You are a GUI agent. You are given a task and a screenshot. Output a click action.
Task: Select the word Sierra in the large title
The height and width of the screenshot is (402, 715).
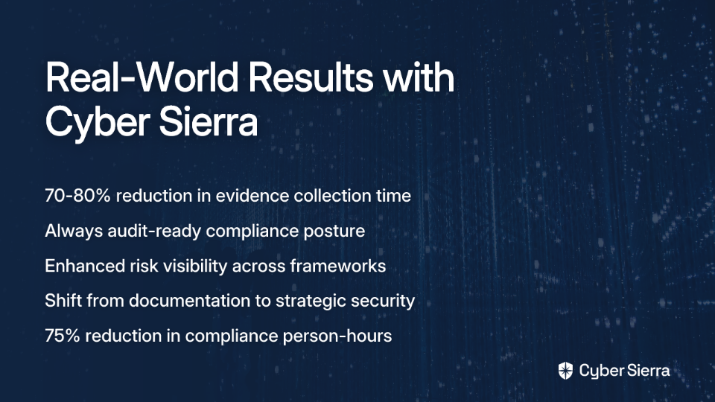click(x=209, y=121)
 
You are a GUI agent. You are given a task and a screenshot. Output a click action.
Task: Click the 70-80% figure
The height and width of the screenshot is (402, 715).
click(x=77, y=196)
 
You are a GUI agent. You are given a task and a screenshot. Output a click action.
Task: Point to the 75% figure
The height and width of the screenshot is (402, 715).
click(x=63, y=336)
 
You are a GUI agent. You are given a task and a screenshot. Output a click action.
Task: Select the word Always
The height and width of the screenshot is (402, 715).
click(x=74, y=231)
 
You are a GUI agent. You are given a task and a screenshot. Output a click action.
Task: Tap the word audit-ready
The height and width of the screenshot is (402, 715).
click(x=155, y=231)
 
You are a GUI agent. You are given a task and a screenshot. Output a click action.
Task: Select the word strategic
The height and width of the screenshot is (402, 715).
click(x=313, y=301)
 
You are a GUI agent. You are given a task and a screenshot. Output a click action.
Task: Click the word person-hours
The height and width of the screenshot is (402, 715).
click(x=337, y=336)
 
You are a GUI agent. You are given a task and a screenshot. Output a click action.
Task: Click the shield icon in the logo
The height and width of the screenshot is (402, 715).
click(x=565, y=371)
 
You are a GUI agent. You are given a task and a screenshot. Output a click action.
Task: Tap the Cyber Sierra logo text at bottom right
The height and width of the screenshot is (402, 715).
click(x=625, y=371)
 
